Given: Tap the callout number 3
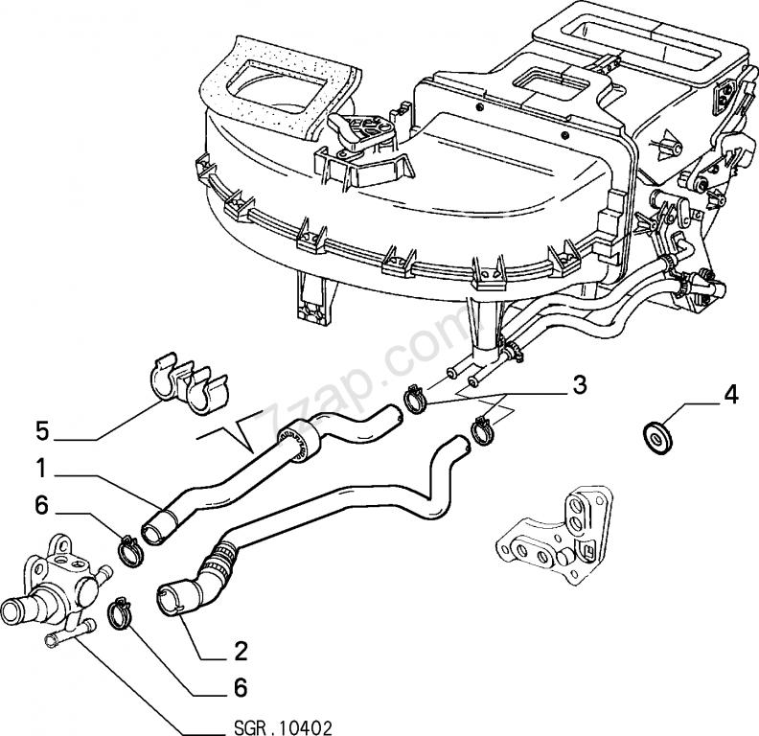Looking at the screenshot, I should coord(578,387).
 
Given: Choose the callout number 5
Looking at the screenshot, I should coord(42,429).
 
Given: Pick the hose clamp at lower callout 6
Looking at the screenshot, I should coord(120,612).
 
